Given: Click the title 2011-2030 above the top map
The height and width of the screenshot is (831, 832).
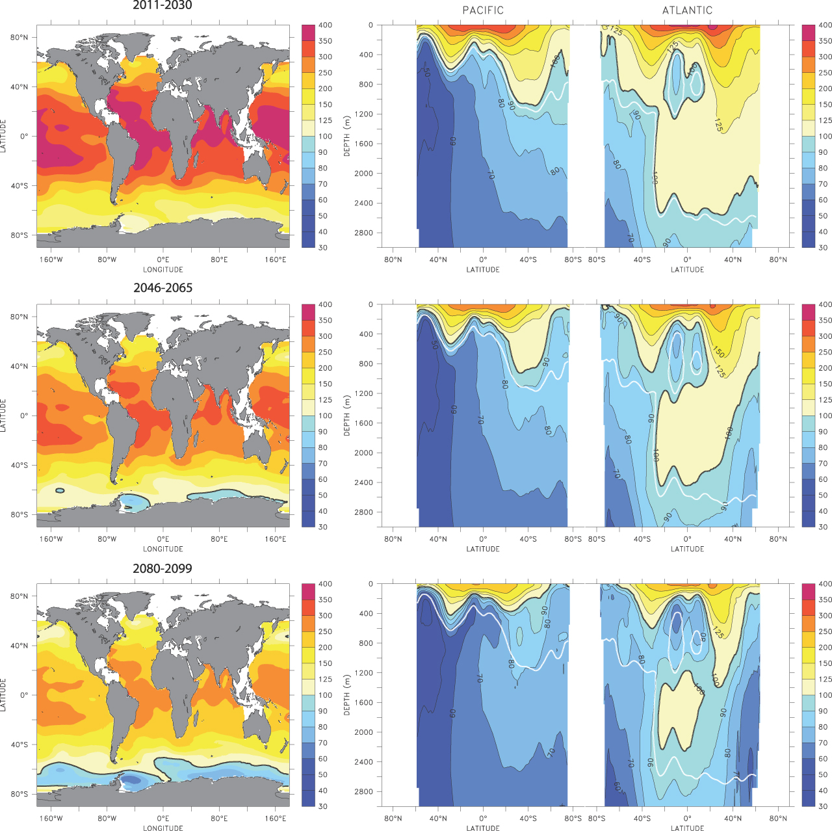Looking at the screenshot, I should point(162,5).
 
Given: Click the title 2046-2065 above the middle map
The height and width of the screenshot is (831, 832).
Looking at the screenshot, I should point(162,288).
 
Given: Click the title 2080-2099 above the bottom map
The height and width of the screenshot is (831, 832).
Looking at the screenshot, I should point(162,568).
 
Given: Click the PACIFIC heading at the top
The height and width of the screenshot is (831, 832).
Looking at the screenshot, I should point(483,10).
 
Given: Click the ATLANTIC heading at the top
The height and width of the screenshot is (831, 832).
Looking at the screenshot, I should point(687,10).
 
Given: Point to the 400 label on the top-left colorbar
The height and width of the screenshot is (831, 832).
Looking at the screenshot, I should point(325,25).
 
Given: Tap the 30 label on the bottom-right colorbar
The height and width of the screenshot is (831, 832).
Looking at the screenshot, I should point(823,806).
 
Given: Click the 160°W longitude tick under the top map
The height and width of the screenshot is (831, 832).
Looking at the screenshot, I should point(51,260).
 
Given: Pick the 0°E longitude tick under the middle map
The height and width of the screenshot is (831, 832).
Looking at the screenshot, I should point(162,539).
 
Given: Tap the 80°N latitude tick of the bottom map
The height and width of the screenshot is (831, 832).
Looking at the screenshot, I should point(19,596).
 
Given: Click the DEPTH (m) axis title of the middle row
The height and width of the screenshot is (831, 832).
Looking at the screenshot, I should point(347,415).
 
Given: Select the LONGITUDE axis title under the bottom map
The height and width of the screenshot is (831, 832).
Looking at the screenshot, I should point(162,828).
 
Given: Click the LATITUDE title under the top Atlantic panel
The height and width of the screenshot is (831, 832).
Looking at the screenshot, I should point(687,270).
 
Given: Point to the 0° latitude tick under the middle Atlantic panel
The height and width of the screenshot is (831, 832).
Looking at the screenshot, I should point(687,539).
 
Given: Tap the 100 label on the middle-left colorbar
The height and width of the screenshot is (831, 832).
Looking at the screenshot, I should point(325,416).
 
